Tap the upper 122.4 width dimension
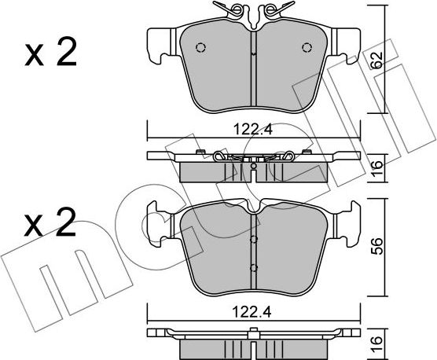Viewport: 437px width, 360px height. (253, 130)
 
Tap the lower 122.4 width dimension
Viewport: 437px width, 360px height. (252, 312)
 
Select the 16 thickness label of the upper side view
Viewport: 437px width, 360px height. (376, 168)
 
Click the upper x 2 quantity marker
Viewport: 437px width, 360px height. (50, 53)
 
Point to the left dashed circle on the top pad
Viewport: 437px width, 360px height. (200, 48)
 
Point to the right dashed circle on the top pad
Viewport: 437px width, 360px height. (307, 48)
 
